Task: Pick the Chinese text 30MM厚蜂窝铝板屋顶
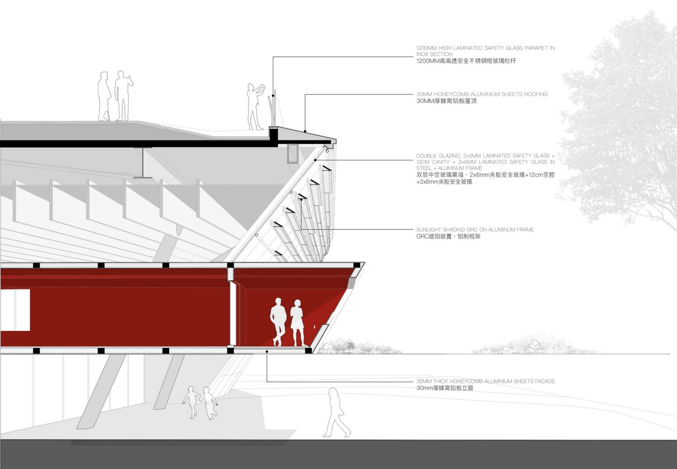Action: (446, 101)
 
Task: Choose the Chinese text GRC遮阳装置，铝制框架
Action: (448, 237)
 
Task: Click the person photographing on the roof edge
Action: (256, 107)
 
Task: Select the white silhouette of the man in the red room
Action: (278, 322)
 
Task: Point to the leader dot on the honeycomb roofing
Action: (305, 131)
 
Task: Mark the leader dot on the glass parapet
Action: (273, 96)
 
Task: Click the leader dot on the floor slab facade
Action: (267, 352)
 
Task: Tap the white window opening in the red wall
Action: (15, 310)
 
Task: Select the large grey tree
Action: (618, 121)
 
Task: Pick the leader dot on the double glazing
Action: (315, 160)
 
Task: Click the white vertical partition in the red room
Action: (233, 313)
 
